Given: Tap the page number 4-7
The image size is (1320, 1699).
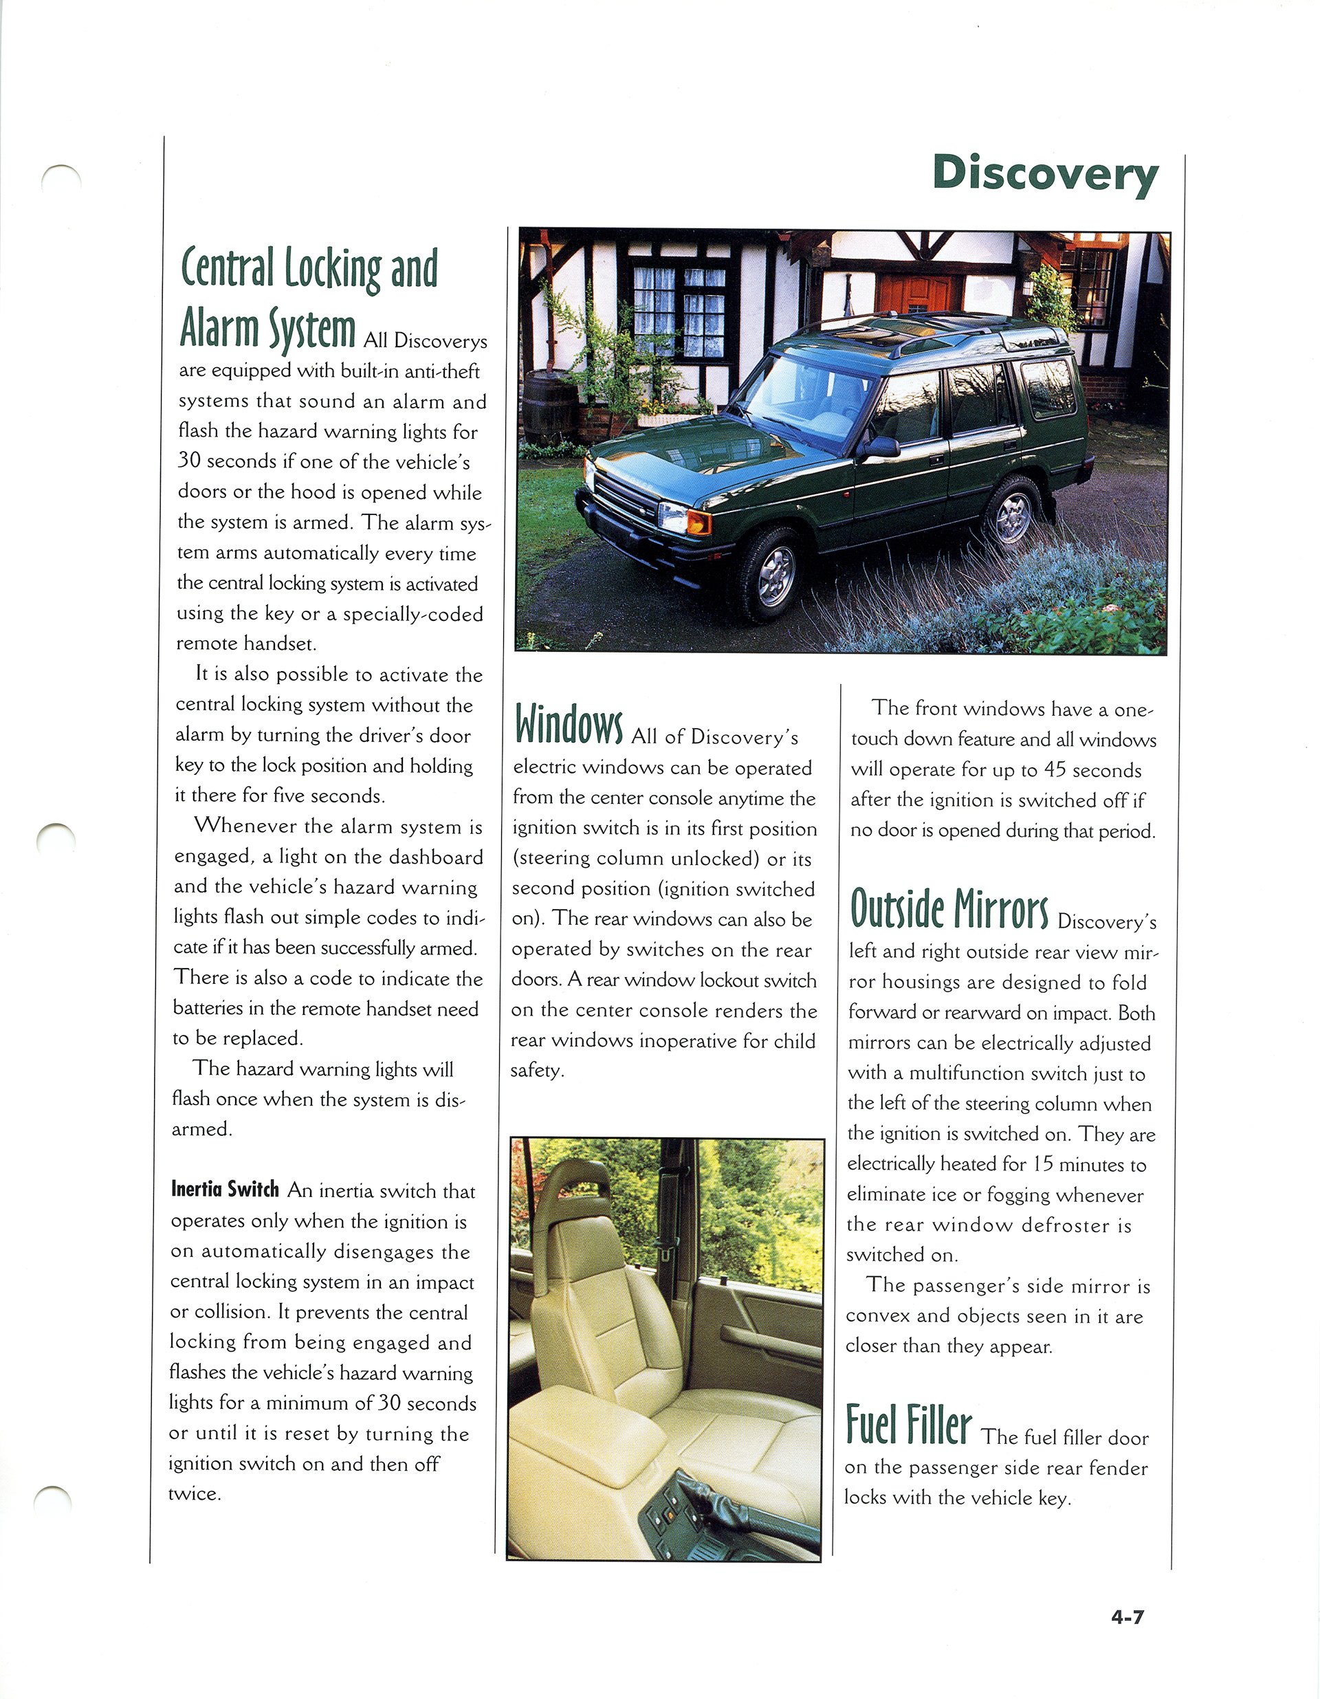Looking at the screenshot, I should [1127, 1617].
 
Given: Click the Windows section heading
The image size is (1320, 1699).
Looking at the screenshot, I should [569, 723].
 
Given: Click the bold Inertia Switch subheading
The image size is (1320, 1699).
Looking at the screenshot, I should [225, 1190].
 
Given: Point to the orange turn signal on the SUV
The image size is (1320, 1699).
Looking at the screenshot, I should [698, 522].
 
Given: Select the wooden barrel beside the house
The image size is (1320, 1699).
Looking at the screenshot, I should [551, 406].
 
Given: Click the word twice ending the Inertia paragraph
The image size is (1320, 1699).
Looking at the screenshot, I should [195, 1493].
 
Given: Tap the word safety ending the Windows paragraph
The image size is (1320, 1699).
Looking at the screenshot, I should [537, 1071].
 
